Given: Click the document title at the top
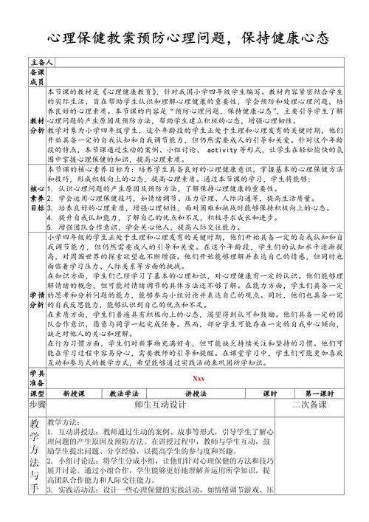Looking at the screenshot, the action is (184, 38).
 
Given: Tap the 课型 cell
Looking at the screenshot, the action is (37, 394).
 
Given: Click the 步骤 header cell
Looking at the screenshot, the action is (37, 405).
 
